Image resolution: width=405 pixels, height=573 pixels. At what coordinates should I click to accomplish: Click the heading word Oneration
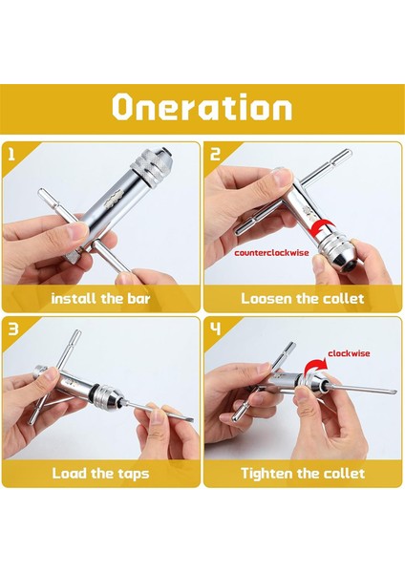click(202, 107)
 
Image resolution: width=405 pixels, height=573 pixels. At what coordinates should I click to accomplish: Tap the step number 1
click(11, 154)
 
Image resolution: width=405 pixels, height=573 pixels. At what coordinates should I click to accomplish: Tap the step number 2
click(215, 154)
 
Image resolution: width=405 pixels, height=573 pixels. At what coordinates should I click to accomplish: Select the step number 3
click(13, 329)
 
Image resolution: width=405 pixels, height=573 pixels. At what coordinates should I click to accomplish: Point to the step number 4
click(215, 329)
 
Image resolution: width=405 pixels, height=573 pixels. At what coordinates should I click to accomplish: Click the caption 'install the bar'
click(100, 299)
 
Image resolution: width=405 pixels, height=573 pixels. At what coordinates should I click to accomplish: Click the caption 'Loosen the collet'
click(302, 299)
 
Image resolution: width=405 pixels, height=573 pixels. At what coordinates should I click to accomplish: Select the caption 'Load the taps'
click(100, 474)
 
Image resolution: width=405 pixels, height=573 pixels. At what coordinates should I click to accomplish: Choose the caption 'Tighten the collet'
click(303, 474)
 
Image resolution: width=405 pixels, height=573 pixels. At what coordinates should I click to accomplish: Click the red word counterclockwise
click(271, 253)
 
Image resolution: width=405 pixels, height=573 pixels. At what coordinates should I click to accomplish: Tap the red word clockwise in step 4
click(349, 353)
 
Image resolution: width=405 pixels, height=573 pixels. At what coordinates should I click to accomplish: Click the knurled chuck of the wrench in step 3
click(110, 395)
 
